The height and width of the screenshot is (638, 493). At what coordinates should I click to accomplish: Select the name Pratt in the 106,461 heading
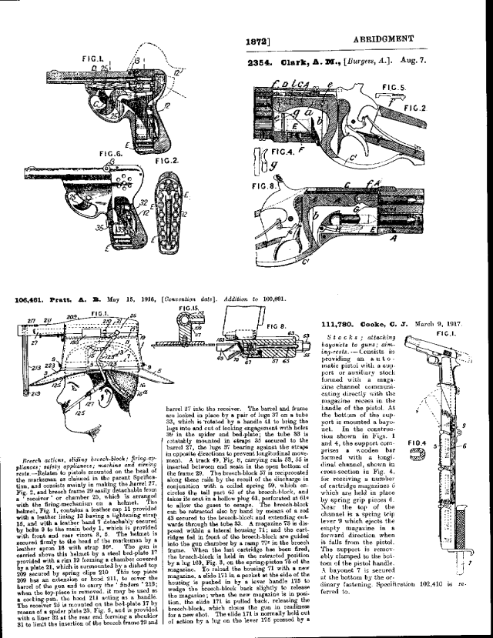point(62,299)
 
